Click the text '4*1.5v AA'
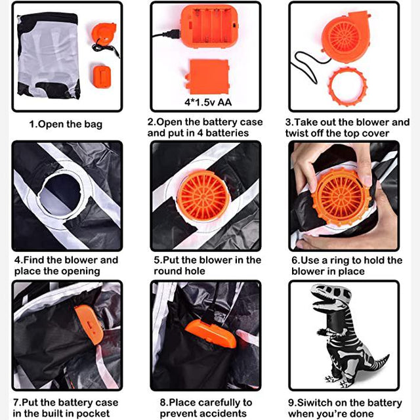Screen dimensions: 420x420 208,102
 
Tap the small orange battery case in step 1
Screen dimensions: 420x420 102,77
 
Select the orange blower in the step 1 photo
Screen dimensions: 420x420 104,33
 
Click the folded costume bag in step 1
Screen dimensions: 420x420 49,56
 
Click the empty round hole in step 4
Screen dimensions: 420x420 61,194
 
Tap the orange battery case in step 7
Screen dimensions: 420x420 89,324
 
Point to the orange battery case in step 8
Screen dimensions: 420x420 211,333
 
